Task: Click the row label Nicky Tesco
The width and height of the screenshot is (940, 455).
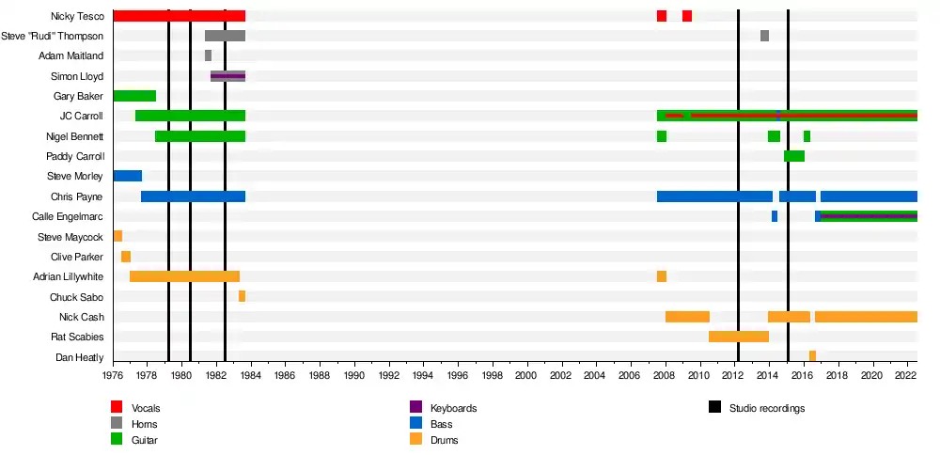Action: tap(77, 16)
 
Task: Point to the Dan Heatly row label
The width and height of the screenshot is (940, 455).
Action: tap(80, 357)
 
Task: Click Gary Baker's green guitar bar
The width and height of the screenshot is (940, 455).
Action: tap(134, 96)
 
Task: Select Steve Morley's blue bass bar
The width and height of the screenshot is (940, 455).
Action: tap(127, 176)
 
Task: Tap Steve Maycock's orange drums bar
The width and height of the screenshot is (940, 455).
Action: tap(117, 236)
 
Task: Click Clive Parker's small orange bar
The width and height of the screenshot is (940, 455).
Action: tap(126, 257)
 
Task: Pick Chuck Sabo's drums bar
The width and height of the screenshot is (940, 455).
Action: tap(242, 296)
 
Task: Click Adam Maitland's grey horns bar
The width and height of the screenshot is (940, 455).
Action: tap(208, 55)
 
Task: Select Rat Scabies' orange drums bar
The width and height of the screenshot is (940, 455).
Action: tap(739, 337)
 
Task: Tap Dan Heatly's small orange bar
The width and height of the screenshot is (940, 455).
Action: tap(812, 356)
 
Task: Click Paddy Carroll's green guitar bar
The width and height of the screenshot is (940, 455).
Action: tap(794, 156)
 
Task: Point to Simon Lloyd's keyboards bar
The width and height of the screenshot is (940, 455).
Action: tap(227, 76)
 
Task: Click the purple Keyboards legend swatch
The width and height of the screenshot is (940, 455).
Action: tap(415, 408)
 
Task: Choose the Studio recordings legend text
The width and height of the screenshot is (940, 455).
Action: tap(767, 408)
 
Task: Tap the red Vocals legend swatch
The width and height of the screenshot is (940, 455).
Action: tap(117, 408)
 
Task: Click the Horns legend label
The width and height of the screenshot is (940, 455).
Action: tap(145, 424)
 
